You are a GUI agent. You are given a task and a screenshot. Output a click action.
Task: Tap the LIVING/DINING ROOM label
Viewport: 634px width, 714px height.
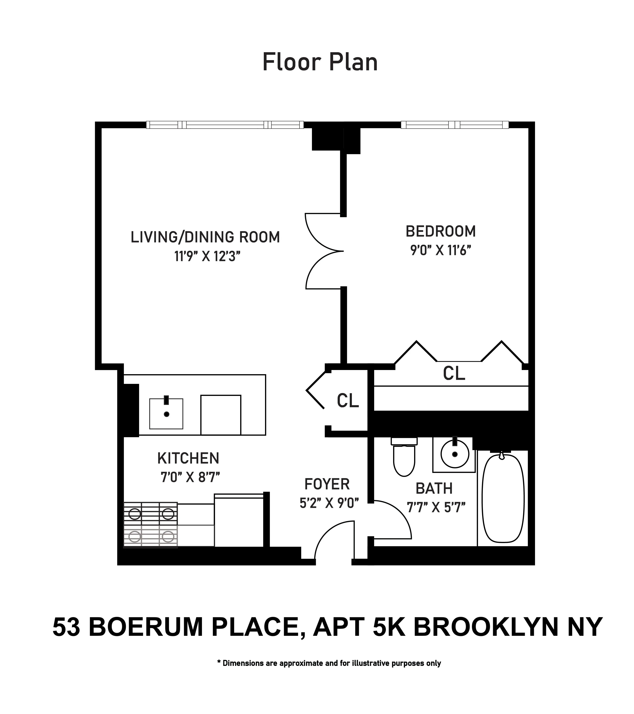(x=205, y=237)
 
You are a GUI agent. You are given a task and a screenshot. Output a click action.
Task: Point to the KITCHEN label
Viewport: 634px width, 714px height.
(x=188, y=458)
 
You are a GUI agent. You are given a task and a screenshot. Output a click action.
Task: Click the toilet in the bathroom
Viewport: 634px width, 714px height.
(x=404, y=458)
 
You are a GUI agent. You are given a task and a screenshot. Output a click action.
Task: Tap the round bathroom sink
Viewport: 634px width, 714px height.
(x=454, y=454)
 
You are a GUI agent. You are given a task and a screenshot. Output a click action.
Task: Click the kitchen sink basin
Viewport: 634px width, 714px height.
(x=166, y=414)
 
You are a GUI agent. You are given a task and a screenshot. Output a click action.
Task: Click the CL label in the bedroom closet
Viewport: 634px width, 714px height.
(x=454, y=373)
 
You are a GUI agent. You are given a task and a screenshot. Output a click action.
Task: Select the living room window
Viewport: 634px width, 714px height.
(x=225, y=125)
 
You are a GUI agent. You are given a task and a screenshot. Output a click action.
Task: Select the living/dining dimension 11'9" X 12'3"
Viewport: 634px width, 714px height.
(x=208, y=257)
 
